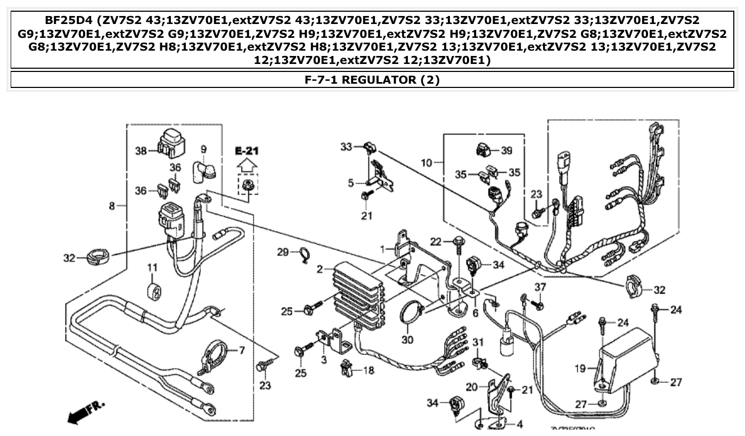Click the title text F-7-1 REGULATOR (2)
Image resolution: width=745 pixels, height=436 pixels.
[x=372, y=80]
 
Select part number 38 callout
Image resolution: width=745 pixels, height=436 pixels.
[x=141, y=151]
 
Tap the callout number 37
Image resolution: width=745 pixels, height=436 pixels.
[x=541, y=287]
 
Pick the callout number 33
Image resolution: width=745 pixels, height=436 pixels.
[x=347, y=147]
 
